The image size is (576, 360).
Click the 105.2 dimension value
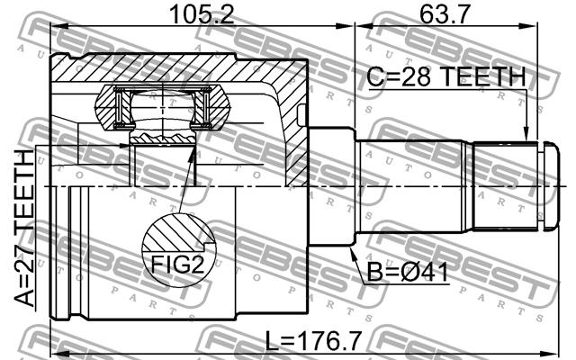(x=202, y=14)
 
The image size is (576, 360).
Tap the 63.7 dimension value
(x=445, y=14)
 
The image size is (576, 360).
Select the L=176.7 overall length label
(x=313, y=341)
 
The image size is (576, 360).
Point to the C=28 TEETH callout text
(x=446, y=76)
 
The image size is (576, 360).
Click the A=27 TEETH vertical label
(x=24, y=228)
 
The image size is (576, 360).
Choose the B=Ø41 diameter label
(x=408, y=273)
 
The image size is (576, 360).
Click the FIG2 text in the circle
(x=178, y=265)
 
